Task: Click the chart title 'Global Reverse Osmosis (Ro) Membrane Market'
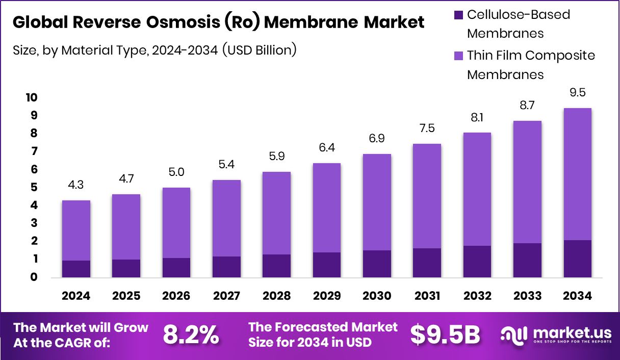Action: (x=218, y=22)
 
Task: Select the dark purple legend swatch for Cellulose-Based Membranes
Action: (x=458, y=15)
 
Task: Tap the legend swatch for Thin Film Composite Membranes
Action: (x=458, y=55)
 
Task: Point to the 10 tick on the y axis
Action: (x=32, y=97)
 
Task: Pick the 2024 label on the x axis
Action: (x=76, y=296)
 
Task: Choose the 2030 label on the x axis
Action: (x=377, y=296)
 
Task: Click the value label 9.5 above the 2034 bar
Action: (x=577, y=93)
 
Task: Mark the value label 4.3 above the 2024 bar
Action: (x=76, y=186)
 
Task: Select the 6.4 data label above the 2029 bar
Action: (x=326, y=148)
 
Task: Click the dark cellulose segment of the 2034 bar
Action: (x=577, y=259)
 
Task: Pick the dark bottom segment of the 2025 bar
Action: (x=126, y=268)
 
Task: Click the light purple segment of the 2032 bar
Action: (x=477, y=189)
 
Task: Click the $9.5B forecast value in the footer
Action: (x=445, y=335)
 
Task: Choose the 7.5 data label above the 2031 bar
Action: (x=427, y=129)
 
